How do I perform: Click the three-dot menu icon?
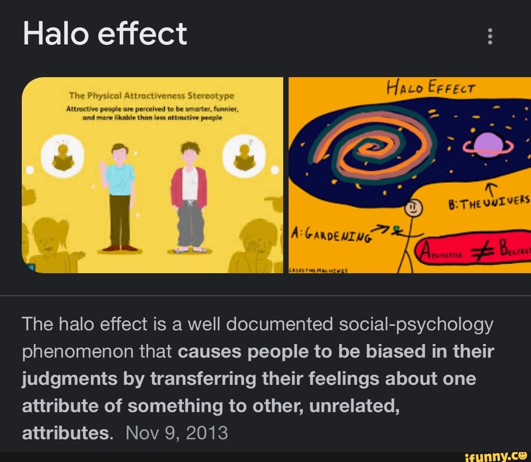(x=489, y=36)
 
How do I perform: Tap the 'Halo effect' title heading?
(x=105, y=34)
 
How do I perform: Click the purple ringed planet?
(x=488, y=146)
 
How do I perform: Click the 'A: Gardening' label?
(x=331, y=235)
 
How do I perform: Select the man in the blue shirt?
(x=119, y=196)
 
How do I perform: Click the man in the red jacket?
(x=189, y=196)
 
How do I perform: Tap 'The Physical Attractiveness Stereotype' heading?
(x=151, y=95)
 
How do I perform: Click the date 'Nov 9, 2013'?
(x=177, y=433)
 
